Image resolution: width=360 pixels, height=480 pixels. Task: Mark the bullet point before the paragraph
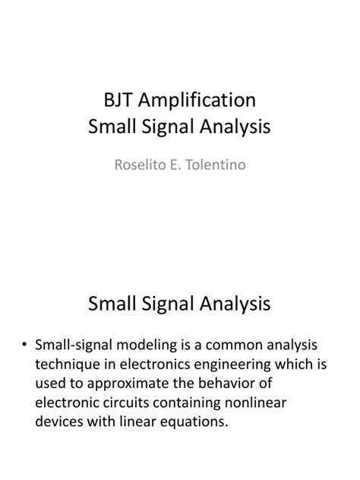click(x=26, y=345)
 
